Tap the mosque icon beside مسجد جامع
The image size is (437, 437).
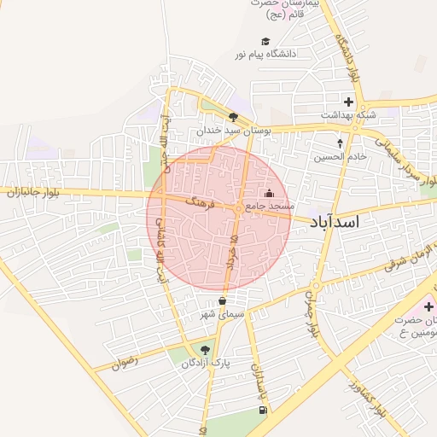(x=271, y=193)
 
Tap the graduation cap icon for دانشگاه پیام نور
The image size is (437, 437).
(x=265, y=41)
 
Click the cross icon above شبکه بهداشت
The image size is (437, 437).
(x=348, y=102)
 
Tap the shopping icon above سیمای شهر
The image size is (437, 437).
(x=223, y=300)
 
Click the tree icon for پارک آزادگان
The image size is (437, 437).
(x=203, y=349)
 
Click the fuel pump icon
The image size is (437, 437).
(x=261, y=410)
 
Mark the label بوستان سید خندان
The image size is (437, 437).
(x=233, y=131)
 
